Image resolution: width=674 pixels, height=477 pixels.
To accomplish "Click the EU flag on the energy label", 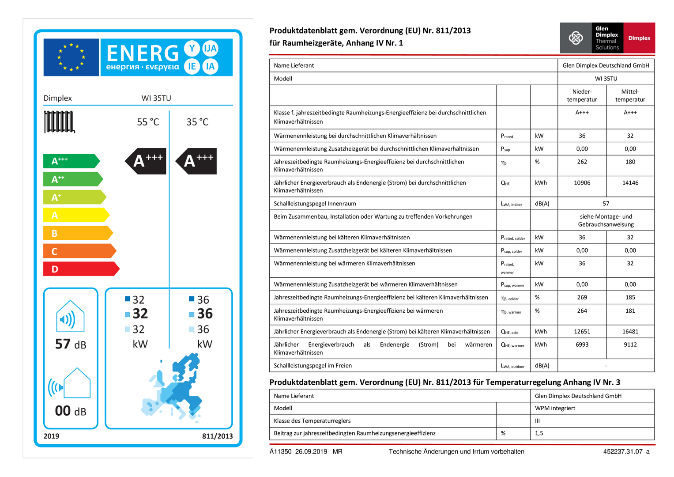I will coord(71,57).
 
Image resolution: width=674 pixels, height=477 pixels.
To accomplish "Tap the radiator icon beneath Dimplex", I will coord(59,122).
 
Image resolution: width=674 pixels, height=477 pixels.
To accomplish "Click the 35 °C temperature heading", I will coord(197,122).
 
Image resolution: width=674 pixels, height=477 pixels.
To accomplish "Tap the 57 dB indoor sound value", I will coord(71,344).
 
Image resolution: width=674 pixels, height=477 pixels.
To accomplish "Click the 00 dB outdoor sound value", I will coord(71,411).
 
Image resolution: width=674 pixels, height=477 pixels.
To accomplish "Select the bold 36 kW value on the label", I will coord(204,314).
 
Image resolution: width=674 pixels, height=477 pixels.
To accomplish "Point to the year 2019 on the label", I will coord(51,436).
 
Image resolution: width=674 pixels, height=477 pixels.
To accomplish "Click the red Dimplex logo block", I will coord(639,38).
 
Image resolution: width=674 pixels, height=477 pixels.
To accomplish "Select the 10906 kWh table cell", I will coord(582,183).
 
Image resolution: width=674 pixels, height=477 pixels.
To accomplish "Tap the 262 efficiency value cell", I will coord(582,162).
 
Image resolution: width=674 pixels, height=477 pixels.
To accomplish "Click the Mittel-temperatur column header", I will coord(630,95).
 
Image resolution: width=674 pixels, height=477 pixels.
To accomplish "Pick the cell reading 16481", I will coord(630,332).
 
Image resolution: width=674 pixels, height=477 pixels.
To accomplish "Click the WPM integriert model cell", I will coord(555,408).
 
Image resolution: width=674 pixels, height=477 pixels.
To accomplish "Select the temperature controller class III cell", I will coord(537,421).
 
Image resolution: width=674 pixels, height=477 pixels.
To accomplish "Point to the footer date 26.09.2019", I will coord(311,451).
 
